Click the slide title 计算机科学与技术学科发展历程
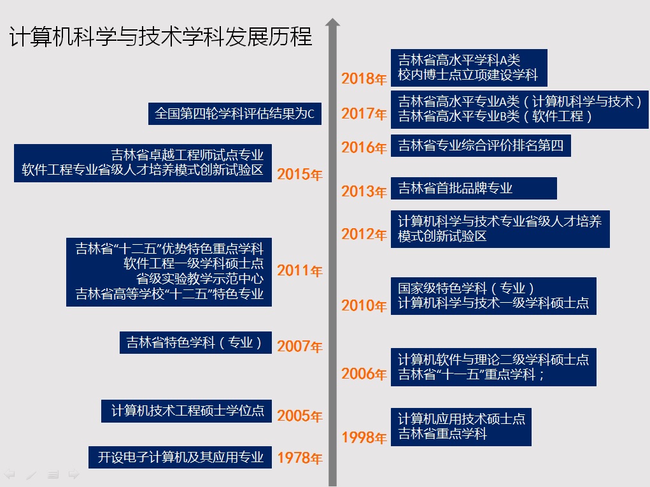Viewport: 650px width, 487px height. point(160,37)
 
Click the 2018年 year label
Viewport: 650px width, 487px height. point(364,79)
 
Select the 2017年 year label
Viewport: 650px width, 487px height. point(364,114)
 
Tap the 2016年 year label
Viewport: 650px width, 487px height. point(364,148)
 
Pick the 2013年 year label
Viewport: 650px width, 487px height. point(364,191)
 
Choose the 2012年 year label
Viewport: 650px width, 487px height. point(364,235)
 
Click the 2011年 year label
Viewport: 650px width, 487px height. point(300,272)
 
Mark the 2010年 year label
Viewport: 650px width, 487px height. point(364,306)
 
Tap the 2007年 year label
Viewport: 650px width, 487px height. point(300,347)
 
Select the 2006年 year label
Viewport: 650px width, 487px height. point(364,374)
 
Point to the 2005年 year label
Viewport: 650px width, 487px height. point(300,416)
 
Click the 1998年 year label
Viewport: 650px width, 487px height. point(364,438)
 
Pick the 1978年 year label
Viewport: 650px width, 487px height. point(300,458)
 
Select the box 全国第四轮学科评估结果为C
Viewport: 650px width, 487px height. point(234,114)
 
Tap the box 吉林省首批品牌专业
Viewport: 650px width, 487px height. point(474,188)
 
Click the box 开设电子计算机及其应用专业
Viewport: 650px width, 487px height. point(180,458)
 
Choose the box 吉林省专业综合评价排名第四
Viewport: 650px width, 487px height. point(481,145)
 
